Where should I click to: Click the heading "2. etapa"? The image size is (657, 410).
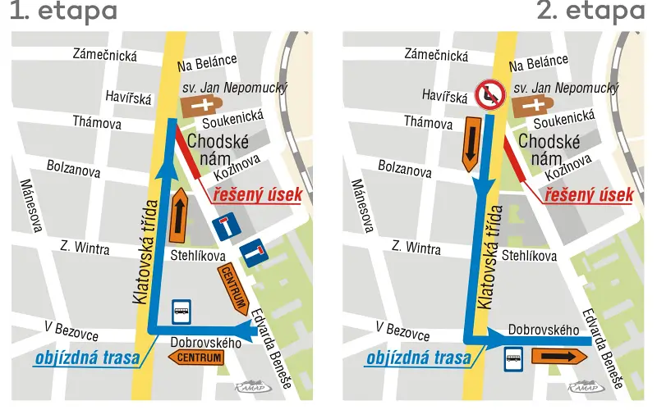590,12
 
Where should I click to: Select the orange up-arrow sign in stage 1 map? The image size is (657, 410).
178,216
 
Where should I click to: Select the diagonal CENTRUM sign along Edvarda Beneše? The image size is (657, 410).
232,290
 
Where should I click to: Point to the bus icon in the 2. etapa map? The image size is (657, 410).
513,358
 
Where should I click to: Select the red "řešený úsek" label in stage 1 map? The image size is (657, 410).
257,195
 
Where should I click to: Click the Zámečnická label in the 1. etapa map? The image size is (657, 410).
105,56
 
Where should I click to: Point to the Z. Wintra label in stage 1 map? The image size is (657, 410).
85,247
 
